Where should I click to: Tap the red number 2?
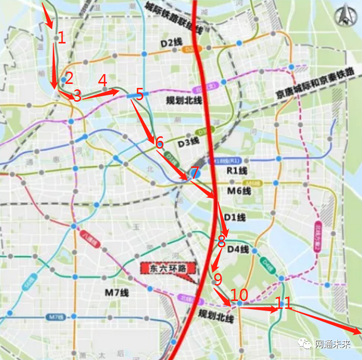point(69,77)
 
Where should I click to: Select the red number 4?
point(103,79)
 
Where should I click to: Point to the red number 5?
point(139,94)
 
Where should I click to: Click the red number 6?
point(159,142)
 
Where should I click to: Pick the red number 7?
point(194,173)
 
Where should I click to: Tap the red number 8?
point(221,241)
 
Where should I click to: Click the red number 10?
point(239,295)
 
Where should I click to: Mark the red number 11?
point(283,302)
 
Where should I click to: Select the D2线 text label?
point(169,43)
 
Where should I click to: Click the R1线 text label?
point(236,171)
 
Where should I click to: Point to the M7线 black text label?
point(116,293)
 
